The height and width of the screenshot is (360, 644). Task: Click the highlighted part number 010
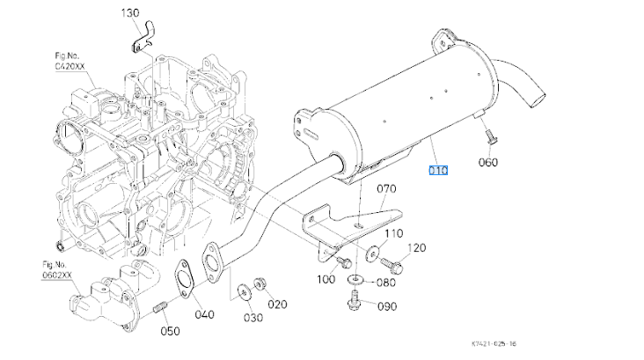pyautogui.click(x=438, y=170)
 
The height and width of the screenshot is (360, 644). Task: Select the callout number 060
pyautogui.click(x=488, y=162)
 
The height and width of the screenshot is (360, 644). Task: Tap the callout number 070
pyautogui.click(x=388, y=189)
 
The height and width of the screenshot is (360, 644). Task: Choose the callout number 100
pyautogui.click(x=326, y=279)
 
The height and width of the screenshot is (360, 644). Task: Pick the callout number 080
pyautogui.click(x=386, y=283)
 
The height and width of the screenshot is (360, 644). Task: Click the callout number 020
pyautogui.click(x=278, y=305)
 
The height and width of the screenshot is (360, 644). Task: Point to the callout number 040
pyautogui.click(x=202, y=314)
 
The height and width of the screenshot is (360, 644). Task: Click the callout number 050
pyautogui.click(x=170, y=331)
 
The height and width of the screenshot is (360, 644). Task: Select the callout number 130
pyautogui.click(x=130, y=14)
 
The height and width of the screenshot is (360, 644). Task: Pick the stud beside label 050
pyautogui.click(x=161, y=308)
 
